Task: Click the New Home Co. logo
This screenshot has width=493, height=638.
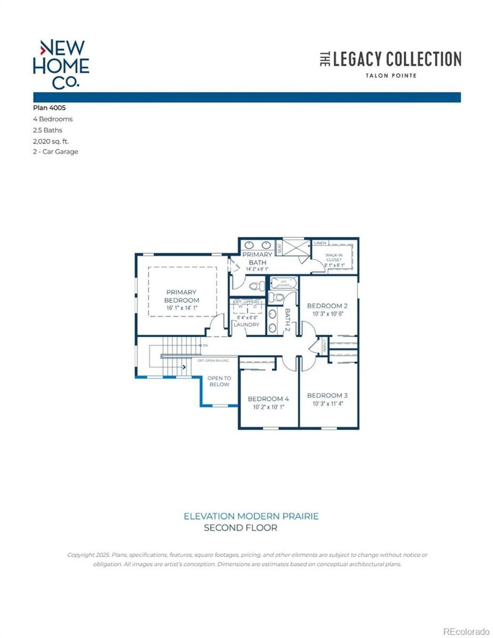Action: click(61, 64)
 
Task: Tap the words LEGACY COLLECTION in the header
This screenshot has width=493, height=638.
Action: click(397, 59)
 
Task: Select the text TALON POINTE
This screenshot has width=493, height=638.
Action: click(390, 76)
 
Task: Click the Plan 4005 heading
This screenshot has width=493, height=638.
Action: click(49, 108)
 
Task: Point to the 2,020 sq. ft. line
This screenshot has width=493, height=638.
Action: click(51, 141)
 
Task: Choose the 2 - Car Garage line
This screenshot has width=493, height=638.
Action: click(55, 152)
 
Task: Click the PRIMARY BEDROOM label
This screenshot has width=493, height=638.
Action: click(182, 296)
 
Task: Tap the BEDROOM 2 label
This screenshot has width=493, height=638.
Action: click(327, 306)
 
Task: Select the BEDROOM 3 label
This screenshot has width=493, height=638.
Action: click(327, 396)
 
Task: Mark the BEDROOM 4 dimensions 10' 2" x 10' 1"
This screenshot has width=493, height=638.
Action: click(268, 407)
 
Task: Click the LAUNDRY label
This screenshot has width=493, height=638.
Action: click(246, 325)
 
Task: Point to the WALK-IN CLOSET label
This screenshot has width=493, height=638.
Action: click(334, 257)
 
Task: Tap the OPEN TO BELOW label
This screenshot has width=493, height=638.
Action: click(219, 381)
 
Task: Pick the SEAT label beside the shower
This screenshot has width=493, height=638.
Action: click(279, 248)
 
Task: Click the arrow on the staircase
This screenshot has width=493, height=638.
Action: click(184, 367)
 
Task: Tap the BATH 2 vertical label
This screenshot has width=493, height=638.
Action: click(287, 320)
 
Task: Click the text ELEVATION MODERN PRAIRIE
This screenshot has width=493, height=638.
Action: click(251, 516)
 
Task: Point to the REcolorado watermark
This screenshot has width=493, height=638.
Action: click(466, 631)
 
